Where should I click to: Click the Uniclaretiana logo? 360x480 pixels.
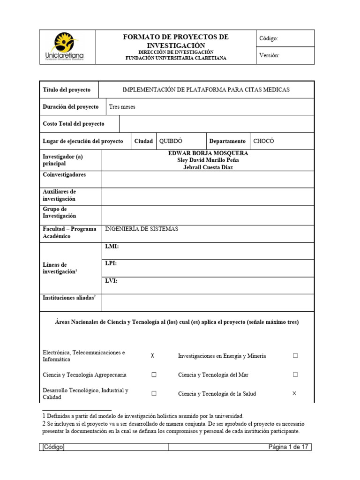click(67, 47)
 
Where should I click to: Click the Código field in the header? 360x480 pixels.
click(269, 38)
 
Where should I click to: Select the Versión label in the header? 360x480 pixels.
click(269, 55)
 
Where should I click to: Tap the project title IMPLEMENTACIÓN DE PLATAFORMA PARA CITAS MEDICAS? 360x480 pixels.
click(206, 90)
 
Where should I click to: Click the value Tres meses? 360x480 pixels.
click(122, 107)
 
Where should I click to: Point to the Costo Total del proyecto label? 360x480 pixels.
click(74, 124)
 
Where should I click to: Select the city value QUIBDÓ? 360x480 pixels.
click(171, 141)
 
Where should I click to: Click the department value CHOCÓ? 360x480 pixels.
click(263, 141)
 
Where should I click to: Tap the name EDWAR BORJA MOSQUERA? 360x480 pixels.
click(208, 153)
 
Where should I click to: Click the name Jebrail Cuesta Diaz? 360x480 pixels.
click(208, 167)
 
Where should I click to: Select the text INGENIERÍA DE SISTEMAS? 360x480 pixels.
click(142, 229)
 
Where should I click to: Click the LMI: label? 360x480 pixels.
click(112, 247)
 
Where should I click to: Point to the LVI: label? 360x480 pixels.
click(112, 281)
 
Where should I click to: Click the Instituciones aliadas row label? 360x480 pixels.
click(69, 298)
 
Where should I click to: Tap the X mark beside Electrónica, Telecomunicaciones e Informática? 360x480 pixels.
click(153, 356)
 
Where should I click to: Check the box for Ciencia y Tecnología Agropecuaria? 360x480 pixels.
click(153, 375)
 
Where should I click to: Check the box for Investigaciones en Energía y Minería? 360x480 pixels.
click(295, 356)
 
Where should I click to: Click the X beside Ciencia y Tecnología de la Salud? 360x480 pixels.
click(294, 394)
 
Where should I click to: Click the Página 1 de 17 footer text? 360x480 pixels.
click(288, 447)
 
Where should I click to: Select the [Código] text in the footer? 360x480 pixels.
click(53, 447)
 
